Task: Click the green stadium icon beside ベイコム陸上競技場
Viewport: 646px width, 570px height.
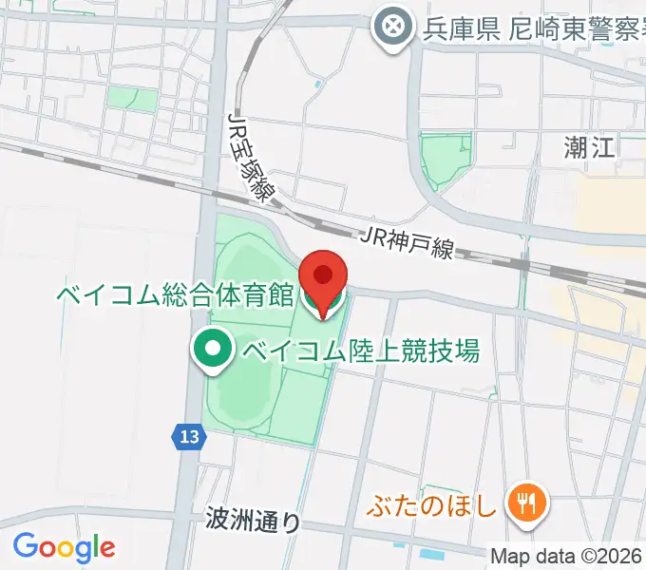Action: [x=214, y=350]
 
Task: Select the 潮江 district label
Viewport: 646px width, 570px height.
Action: [x=590, y=147]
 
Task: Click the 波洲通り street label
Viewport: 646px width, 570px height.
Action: [x=253, y=520]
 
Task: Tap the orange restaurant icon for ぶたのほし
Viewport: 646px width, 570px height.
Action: [x=523, y=503]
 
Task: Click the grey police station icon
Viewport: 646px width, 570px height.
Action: [x=391, y=27]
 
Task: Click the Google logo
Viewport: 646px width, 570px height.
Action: [x=64, y=547]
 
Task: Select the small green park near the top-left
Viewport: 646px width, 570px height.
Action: [x=130, y=97]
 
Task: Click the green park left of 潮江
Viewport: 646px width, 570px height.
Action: [x=445, y=160]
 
